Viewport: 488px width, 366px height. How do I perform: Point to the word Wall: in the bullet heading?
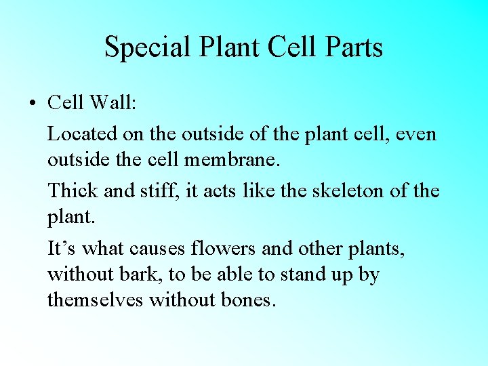click(113, 103)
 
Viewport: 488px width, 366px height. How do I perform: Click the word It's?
click(62, 249)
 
